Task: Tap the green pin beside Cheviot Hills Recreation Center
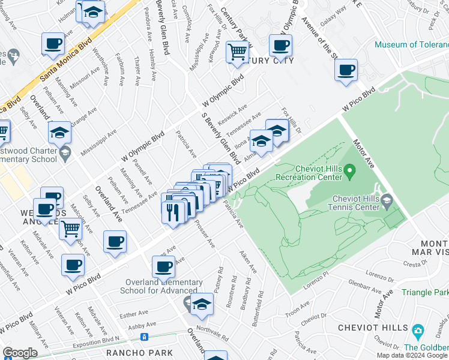pyautogui.click(x=351, y=173)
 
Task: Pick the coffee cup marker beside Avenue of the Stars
pyautogui.click(x=346, y=70)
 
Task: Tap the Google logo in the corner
pyautogui.click(x=20, y=353)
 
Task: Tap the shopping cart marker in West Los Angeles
pyautogui.click(x=71, y=229)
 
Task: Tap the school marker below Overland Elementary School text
pyautogui.click(x=202, y=305)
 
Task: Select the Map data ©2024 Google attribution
pyautogui.click(x=411, y=355)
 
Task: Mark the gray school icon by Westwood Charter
pyautogui.click(x=64, y=154)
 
